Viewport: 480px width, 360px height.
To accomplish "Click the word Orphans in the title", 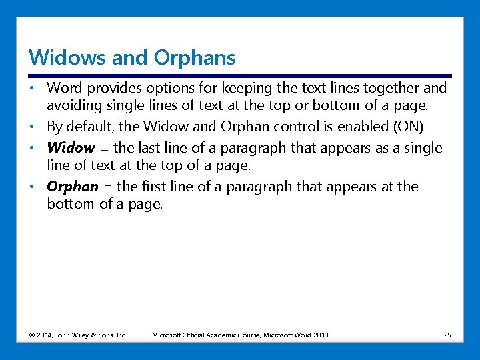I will pos(195,58).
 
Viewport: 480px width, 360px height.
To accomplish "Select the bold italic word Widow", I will pos(71,147).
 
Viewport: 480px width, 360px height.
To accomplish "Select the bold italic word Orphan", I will pos(73,187).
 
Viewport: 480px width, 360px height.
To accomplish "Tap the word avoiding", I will pos(74,105).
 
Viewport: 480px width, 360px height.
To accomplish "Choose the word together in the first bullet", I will pos(388,88).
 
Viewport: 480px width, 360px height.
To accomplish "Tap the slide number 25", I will pos(447,335).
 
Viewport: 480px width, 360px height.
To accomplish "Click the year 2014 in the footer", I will pos(44,335).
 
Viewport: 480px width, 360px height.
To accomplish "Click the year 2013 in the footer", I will pos(321,335).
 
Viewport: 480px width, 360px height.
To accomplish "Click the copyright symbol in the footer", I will pos(31,335).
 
